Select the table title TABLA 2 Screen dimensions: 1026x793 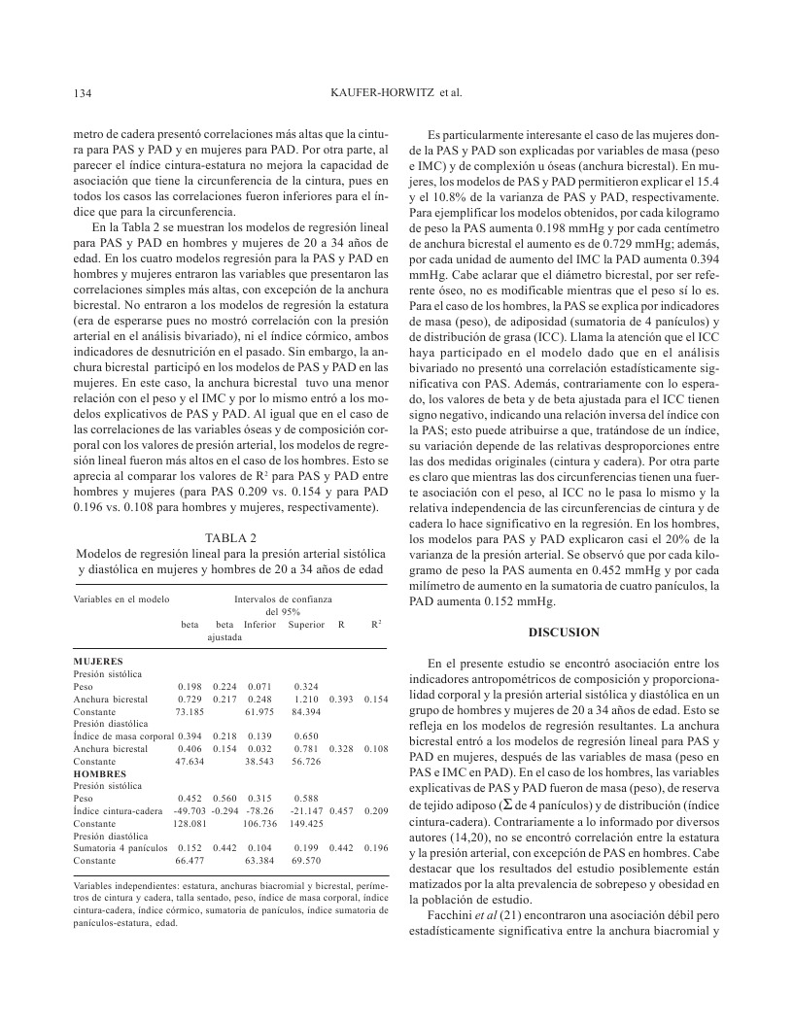point(230,537)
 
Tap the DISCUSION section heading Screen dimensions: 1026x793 point(564,633)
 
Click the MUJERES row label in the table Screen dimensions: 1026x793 point(98,661)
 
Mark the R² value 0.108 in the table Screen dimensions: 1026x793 point(374,748)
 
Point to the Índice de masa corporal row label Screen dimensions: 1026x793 point(122,735)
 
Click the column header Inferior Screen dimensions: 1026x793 point(260,624)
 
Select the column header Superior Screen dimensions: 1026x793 point(306,624)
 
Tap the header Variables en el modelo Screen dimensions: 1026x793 point(121,599)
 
